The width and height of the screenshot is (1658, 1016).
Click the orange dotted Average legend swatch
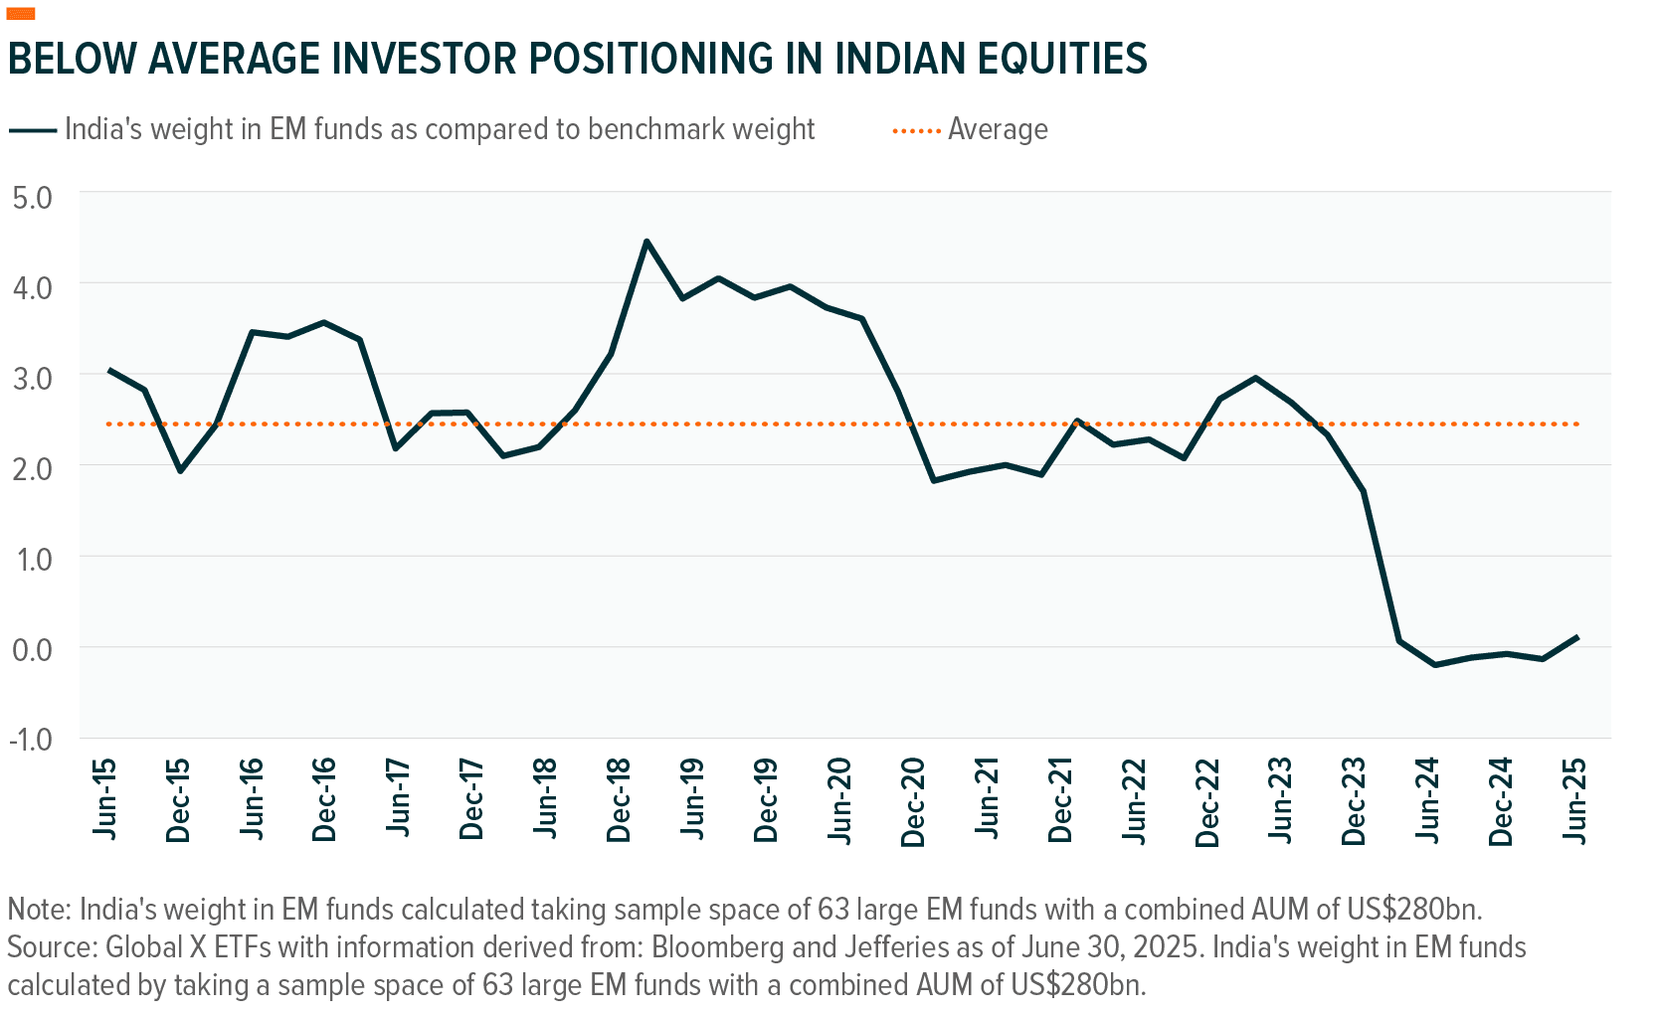[916, 130]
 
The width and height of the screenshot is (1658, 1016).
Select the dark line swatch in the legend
[33, 130]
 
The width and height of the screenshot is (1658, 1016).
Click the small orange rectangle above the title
[21, 13]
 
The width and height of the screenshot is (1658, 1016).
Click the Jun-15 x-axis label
[104, 798]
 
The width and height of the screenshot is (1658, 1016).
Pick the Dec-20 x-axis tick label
[913, 802]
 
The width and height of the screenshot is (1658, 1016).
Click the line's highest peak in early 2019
[646, 241]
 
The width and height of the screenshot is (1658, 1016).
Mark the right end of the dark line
[1578, 636]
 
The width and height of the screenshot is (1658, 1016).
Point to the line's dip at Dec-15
[180, 470]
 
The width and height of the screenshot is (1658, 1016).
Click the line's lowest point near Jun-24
[1434, 664]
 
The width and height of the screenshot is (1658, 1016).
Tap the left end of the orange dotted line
[107, 424]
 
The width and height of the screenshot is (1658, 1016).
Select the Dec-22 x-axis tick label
[1207, 802]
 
